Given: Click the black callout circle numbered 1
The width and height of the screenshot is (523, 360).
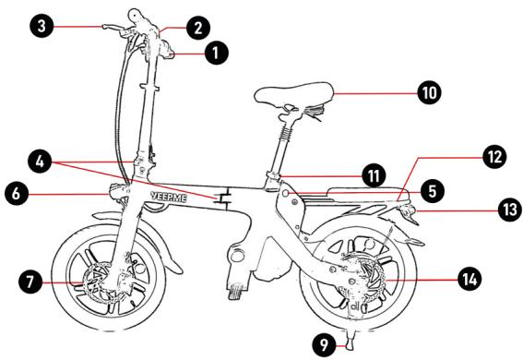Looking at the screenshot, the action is click(x=217, y=53).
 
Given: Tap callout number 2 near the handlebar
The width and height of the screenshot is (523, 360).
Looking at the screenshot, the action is click(x=198, y=28).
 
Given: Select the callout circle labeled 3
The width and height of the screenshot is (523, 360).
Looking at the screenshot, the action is click(x=42, y=26).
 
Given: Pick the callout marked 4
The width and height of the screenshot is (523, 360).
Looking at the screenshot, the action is click(x=40, y=162).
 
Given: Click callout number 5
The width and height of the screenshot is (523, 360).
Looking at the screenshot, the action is click(x=433, y=191).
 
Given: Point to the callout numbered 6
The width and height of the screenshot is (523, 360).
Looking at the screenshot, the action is click(x=17, y=194).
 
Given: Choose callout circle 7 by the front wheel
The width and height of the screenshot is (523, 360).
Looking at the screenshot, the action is click(x=30, y=282).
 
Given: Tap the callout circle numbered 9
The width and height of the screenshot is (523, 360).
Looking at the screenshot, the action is click(x=324, y=345).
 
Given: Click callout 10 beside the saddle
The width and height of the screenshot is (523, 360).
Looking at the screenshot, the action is click(x=429, y=92).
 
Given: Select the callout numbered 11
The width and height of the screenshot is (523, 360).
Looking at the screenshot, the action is click(x=374, y=176).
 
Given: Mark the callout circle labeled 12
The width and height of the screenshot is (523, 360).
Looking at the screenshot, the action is click(x=494, y=157).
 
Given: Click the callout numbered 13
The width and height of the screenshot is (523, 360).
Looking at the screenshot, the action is click(x=509, y=210).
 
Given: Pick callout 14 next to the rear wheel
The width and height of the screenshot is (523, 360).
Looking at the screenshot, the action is click(x=470, y=279).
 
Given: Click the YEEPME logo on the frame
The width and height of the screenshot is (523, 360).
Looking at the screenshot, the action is click(x=169, y=198).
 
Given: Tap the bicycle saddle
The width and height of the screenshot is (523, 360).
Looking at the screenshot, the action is click(x=294, y=94).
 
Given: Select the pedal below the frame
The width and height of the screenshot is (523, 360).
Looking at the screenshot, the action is click(x=236, y=292).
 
